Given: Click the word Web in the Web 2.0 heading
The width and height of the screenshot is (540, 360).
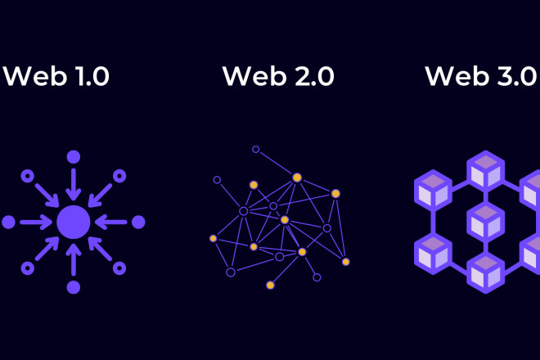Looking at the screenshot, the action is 249,77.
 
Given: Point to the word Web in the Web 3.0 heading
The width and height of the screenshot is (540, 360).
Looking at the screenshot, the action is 452,77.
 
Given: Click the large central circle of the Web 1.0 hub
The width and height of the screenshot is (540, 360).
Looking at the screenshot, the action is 74,222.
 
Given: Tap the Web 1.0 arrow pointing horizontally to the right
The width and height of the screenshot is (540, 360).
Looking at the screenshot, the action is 34,222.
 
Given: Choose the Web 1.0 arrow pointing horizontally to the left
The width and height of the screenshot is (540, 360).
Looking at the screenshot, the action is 112,222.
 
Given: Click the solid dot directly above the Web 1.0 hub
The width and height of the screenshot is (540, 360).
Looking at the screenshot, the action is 74,156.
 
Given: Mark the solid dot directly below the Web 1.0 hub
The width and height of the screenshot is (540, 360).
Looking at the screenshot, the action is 74,286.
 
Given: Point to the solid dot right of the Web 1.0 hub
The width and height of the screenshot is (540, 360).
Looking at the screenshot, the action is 138,222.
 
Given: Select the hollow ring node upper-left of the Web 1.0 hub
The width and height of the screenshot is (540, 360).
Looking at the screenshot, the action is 28,175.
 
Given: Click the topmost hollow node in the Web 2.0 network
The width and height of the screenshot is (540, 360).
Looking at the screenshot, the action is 256,150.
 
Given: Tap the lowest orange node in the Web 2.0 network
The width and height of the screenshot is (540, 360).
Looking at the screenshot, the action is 270,285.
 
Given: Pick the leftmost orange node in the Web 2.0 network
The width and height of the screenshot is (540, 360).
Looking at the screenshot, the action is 214,238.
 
